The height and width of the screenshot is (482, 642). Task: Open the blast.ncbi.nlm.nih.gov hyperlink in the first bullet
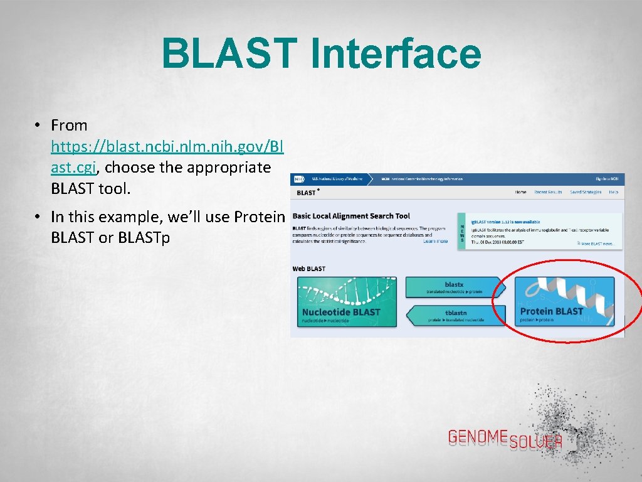pyautogui.click(x=167, y=147)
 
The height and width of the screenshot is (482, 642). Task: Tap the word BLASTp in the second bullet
pyautogui.click(x=143, y=238)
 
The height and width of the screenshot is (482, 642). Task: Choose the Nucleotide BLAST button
pyautogui.click(x=347, y=301)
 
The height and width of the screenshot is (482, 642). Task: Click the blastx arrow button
pyautogui.click(x=454, y=287)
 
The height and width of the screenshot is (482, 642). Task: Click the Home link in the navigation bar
pyautogui.click(x=520, y=192)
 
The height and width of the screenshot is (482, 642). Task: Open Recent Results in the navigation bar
pyautogui.click(x=548, y=192)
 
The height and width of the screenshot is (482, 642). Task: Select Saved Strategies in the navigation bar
pyautogui.click(x=585, y=192)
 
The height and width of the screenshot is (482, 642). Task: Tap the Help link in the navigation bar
pyautogui.click(x=613, y=192)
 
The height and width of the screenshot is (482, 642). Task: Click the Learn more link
pyautogui.click(x=435, y=241)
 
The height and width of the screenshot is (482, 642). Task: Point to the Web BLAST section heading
pyautogui.click(x=309, y=269)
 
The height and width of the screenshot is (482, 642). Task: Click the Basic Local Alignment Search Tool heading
pyautogui.click(x=351, y=216)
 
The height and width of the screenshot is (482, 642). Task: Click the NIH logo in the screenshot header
pyautogui.click(x=299, y=179)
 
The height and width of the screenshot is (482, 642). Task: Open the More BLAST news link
pyautogui.click(x=597, y=244)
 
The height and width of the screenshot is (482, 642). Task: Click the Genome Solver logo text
pyautogui.click(x=505, y=439)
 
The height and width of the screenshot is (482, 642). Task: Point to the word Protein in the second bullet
pyautogui.click(x=259, y=217)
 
